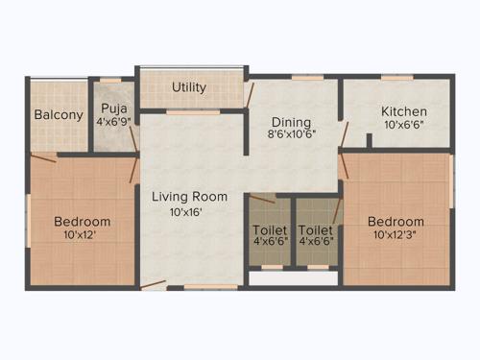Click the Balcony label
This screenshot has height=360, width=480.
pyautogui.click(x=59, y=115)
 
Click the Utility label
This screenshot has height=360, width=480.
pyautogui.click(x=189, y=87)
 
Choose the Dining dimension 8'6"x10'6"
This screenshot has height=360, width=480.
pyautogui.click(x=291, y=135)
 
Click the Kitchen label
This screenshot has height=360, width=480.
pyautogui.click(x=403, y=110)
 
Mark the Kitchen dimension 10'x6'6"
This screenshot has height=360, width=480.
pyautogui.click(x=403, y=125)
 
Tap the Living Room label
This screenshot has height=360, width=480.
pyautogui.click(x=189, y=197)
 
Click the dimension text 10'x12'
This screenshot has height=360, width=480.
pyautogui.click(x=80, y=234)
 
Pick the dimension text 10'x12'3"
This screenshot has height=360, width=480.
pyautogui.click(x=396, y=234)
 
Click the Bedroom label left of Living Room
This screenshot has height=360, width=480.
pyautogui.click(x=81, y=221)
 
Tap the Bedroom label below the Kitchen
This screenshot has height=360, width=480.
pyautogui.click(x=396, y=221)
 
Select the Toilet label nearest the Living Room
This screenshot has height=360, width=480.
pyautogui.click(x=269, y=230)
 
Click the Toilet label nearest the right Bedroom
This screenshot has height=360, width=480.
pyautogui.click(x=315, y=230)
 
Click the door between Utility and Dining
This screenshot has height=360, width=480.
pyautogui.click(x=249, y=93)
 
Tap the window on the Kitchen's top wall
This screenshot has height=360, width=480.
pyautogui.click(x=392, y=77)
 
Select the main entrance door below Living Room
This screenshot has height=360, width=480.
pyautogui.click(x=155, y=285)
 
